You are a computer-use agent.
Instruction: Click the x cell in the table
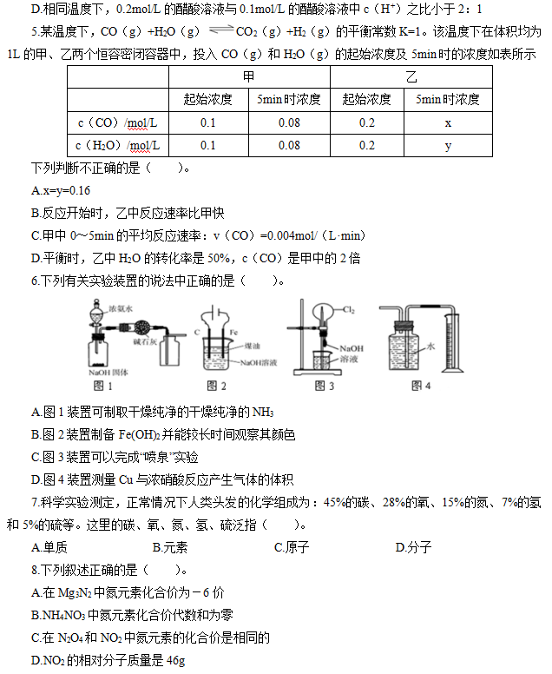click(447, 122)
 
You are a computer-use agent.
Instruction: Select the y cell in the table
click(447, 145)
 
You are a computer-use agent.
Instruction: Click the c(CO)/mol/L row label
click(117, 122)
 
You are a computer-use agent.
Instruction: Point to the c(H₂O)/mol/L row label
click(117, 145)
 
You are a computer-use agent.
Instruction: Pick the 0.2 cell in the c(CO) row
click(366, 122)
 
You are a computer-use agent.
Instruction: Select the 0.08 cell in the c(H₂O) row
click(289, 145)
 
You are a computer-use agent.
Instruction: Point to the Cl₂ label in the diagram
click(348, 309)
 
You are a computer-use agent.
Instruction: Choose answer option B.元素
click(170, 547)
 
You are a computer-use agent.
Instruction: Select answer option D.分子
click(413, 547)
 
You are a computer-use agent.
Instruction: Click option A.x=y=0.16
click(60, 190)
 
